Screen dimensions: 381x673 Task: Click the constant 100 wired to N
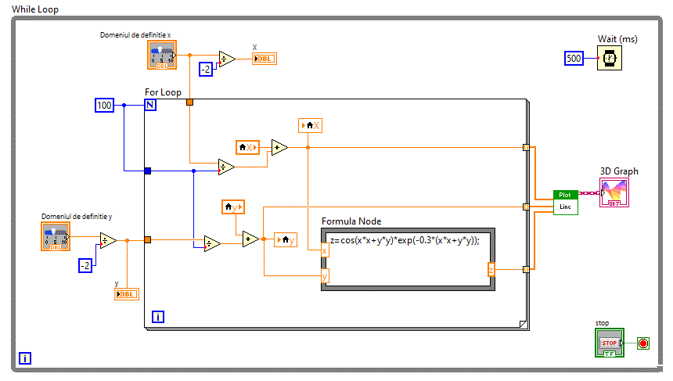105,105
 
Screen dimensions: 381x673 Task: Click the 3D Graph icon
614,192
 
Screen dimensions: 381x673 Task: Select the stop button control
610,343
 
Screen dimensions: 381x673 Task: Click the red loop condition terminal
643,343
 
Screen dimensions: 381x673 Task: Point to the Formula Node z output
491,270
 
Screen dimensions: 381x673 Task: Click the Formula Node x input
325,250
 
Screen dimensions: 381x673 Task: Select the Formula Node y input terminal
325,275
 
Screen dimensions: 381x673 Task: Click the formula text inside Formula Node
404,240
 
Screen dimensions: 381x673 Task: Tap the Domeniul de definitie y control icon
56,236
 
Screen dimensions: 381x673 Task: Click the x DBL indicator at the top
264,59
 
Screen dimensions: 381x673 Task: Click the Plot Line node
566,202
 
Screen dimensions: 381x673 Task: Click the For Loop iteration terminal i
158,317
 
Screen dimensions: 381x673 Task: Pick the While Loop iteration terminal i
25,358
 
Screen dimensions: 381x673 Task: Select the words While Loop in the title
35,9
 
